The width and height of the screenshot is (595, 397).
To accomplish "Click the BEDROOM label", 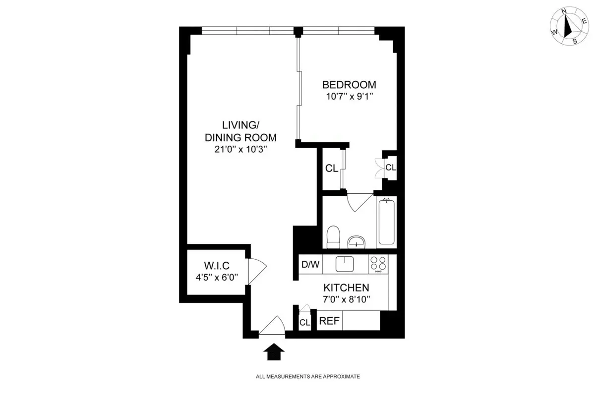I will (349, 84).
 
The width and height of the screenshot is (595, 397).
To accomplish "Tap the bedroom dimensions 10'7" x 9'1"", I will (349, 97).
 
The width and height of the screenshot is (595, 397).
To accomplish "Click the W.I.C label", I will (216, 265).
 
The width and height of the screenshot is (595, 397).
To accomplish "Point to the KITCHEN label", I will (346, 287).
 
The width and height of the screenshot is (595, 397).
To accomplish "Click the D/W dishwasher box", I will (310, 264).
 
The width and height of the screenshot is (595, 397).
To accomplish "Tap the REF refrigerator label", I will (329, 321).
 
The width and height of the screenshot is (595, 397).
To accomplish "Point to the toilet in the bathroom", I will (334, 237).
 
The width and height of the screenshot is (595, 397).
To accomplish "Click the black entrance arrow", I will (273, 353).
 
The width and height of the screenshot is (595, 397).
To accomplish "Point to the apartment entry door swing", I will (272, 326).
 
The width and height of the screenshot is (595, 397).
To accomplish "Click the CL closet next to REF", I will (304, 322).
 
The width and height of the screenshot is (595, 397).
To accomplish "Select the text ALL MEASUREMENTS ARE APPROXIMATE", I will (307, 377).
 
